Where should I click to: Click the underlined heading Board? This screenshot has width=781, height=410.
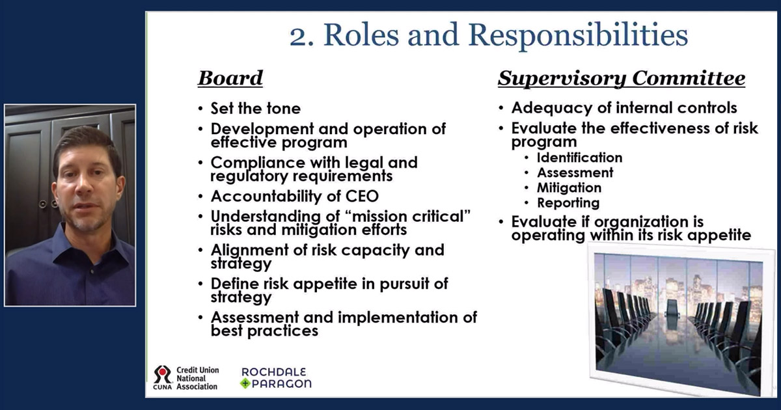pos(230,78)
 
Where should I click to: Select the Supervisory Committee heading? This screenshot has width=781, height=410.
pos(622,79)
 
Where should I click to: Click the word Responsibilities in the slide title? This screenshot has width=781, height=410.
pos(578,36)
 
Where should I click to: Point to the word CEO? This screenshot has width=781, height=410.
pos(362,197)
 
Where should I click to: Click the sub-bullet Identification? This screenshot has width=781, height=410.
pos(579,157)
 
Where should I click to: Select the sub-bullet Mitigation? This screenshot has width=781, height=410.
pos(569,188)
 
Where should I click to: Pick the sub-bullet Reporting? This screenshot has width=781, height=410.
pos(568,203)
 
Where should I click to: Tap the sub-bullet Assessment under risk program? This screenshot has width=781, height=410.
pos(575,172)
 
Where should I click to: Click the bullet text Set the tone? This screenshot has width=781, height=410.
pos(256,109)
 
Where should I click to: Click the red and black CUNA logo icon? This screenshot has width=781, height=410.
pos(163,375)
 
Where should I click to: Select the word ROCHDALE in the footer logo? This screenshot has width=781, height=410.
pos(274,372)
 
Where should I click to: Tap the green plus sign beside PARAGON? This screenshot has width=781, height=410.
pos(245,384)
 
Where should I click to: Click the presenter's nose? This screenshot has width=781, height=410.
pos(83,189)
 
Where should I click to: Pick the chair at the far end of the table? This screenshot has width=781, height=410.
pos(672,308)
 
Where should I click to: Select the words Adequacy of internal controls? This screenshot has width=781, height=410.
pos(624,108)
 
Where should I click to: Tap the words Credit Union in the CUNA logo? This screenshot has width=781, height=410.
pos(198,370)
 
